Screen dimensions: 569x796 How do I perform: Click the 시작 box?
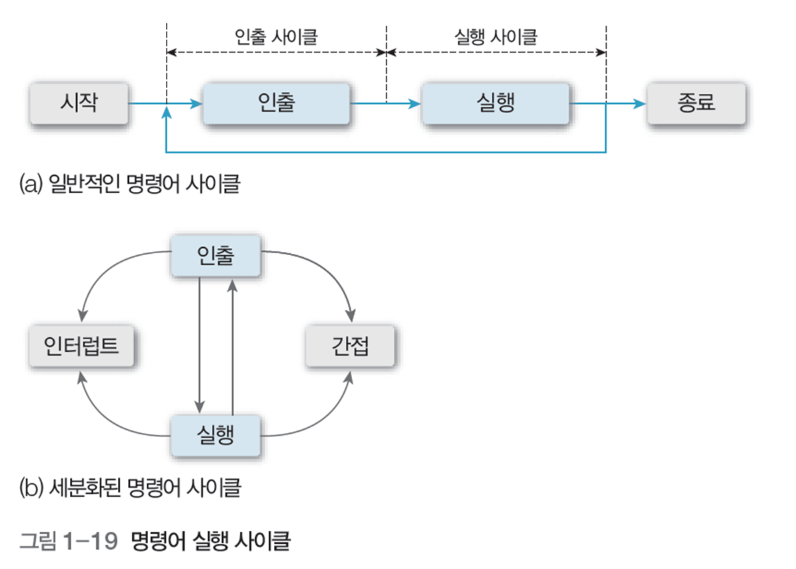pos(79,104)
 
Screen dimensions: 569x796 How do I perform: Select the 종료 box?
pos(696,104)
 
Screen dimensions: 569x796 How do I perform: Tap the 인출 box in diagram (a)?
pos(276,104)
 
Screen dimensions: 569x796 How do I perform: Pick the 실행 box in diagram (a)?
pos(495,104)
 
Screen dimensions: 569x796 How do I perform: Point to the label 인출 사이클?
pos(276,37)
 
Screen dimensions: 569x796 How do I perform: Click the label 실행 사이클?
pos(496,37)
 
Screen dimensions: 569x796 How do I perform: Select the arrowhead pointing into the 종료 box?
pos(641,104)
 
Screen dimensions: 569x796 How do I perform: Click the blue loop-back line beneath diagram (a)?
pos(387,153)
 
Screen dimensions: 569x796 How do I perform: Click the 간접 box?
pos(349,346)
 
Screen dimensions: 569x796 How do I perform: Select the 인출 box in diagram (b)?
pos(215,255)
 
